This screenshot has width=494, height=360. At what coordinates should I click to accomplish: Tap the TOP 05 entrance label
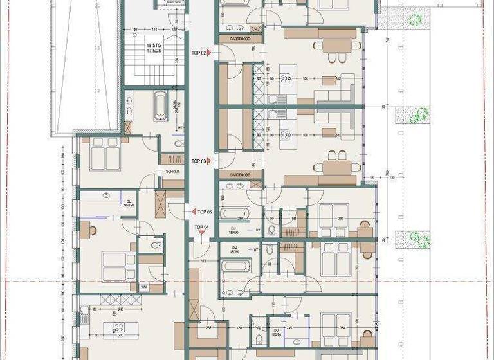point(205,212)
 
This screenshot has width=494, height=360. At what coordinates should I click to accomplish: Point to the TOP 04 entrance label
point(201,227)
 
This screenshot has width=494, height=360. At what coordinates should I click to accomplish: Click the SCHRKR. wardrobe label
point(172,172)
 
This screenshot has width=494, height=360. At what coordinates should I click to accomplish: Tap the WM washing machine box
point(144,287)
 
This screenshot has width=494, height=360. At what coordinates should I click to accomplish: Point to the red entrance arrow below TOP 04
point(201,234)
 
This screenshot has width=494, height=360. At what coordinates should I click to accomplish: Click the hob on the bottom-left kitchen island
point(118,327)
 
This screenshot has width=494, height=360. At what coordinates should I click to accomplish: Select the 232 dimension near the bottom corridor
point(210,328)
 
